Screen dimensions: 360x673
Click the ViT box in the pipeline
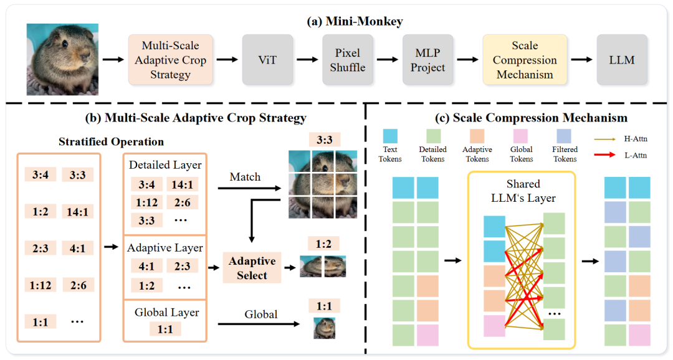pyautogui.click(x=267, y=60)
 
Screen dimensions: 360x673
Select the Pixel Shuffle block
pyautogui.click(x=347, y=60)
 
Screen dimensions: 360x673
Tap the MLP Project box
pyautogui.click(x=427, y=60)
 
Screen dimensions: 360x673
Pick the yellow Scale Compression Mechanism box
pyautogui.click(x=525, y=60)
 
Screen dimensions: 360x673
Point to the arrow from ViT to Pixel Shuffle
pyautogui.click(x=308, y=60)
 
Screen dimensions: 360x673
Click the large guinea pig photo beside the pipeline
pyautogui.click(x=62, y=59)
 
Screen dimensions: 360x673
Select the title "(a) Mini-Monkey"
pyautogui.click(x=355, y=22)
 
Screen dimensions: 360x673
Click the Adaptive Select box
pyautogui.click(x=252, y=268)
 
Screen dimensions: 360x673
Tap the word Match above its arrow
pyautogui.click(x=244, y=177)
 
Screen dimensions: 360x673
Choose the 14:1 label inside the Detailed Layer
pyautogui.click(x=183, y=184)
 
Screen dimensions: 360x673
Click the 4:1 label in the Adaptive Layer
pyautogui.click(x=147, y=266)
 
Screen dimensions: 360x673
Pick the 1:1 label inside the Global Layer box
pyautogui.click(x=165, y=329)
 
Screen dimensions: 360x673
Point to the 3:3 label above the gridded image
pyautogui.click(x=323, y=140)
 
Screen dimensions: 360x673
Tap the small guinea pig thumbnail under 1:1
pyautogui.click(x=323, y=328)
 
